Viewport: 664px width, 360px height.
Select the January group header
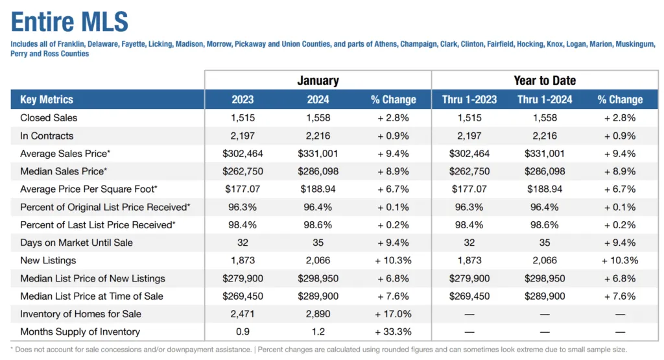[x=318, y=80]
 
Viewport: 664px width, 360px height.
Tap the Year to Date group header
[x=545, y=80]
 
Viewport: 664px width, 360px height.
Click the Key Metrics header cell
[x=47, y=99]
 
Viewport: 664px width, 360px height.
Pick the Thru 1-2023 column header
[x=469, y=99]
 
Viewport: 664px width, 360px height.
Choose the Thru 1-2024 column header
[x=545, y=99]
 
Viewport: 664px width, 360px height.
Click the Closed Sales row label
[x=49, y=118]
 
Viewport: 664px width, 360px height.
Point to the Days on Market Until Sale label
[x=77, y=243]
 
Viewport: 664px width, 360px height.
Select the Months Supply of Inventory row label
[x=80, y=331]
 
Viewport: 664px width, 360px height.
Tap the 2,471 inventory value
[x=243, y=314]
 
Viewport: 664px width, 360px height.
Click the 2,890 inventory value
[x=318, y=314]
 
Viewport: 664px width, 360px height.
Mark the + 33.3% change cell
[x=394, y=331]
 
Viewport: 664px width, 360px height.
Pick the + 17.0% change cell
[x=394, y=314]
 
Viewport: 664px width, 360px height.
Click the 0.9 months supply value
[x=243, y=331]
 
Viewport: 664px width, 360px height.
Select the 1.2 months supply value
[x=318, y=331]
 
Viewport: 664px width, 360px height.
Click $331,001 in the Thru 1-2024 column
[x=545, y=154]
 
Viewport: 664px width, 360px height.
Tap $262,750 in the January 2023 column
[x=243, y=171]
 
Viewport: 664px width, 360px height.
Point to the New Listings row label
[x=48, y=260]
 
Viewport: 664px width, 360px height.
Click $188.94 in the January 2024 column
[x=318, y=189]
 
